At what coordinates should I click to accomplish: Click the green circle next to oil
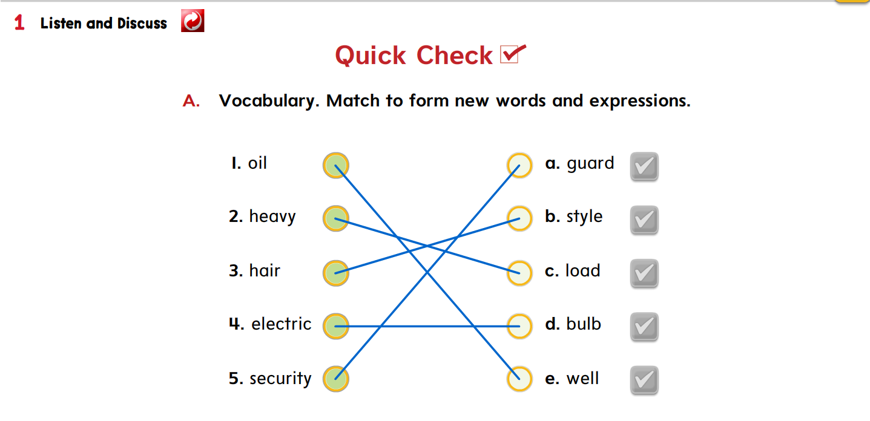point(335,165)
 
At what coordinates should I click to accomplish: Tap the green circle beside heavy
point(335,219)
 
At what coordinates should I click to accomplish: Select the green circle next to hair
point(335,273)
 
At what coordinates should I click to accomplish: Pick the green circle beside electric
point(335,326)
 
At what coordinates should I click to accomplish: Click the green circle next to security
point(335,379)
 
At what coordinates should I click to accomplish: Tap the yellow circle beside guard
point(519,165)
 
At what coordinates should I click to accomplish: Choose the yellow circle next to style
point(519,219)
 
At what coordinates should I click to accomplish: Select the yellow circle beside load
point(519,273)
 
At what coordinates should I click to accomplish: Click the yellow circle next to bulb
point(519,326)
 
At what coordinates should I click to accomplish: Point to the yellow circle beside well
point(519,379)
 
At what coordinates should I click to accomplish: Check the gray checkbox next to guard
point(644,166)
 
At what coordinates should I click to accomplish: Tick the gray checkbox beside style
point(644,220)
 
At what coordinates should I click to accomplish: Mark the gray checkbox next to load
point(644,273)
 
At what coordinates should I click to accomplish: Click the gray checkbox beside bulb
point(644,327)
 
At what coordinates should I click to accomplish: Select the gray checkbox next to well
point(644,380)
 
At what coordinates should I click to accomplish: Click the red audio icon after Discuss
point(193,21)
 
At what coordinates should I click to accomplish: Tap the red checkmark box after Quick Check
point(512,54)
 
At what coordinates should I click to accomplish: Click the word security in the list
point(280,379)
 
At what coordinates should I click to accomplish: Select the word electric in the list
point(282,324)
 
